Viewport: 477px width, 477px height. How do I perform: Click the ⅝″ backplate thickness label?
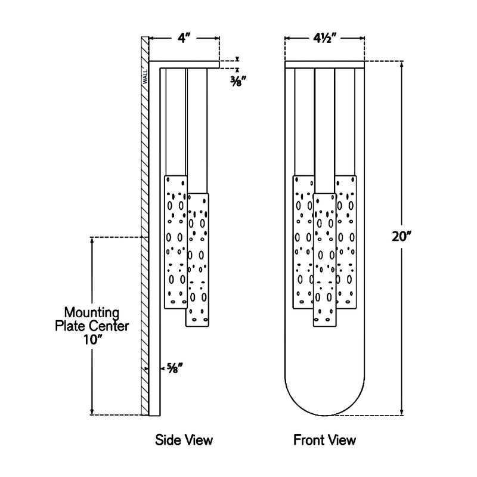tap(174, 368)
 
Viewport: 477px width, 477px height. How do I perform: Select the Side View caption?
tap(184, 441)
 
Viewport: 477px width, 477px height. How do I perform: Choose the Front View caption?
tap(324, 441)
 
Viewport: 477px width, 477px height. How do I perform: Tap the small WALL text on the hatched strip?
tap(144, 78)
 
